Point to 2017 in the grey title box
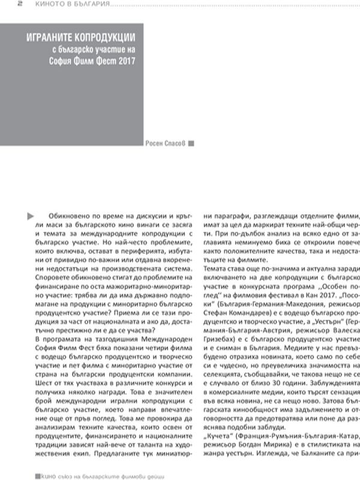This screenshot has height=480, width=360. [x=125, y=62]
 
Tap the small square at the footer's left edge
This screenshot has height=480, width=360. [x=37, y=474]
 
